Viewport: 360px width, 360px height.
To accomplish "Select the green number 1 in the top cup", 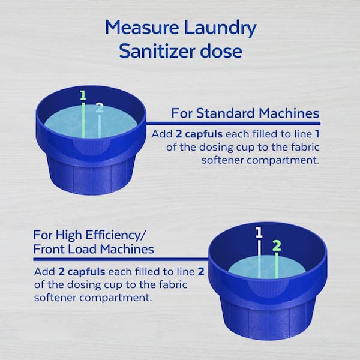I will click(83, 95).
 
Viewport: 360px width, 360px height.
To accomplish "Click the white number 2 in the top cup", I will click(100, 107).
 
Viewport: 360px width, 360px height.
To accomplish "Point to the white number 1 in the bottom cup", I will click(259, 232).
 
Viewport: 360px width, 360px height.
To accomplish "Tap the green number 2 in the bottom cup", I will click(277, 245).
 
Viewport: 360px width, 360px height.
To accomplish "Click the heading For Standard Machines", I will click(245, 113).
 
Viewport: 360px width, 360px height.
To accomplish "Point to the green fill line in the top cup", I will click(83, 120).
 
